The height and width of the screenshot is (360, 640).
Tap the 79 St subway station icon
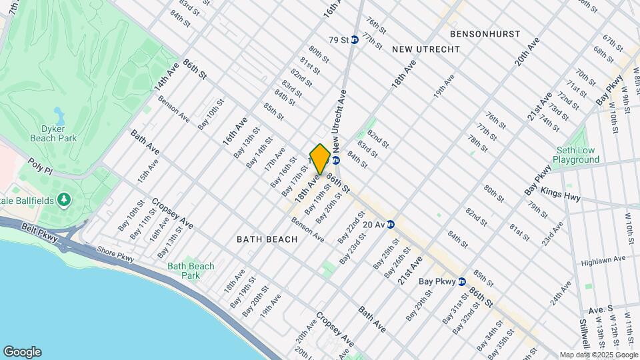click(355, 40)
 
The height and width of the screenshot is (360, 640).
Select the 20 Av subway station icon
click(391, 225)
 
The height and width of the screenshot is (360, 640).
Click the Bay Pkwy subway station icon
click(461, 281)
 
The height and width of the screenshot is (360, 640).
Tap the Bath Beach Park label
click(191, 271)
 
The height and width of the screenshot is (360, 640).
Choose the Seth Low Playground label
click(576, 155)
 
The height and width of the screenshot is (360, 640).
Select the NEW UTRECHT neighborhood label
click(426, 49)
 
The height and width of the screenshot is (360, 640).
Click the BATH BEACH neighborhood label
click(267, 239)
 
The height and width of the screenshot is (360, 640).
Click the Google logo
click(22, 352)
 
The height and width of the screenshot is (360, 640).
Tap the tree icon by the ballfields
click(64, 199)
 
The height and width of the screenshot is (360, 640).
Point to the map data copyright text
click(598, 355)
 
